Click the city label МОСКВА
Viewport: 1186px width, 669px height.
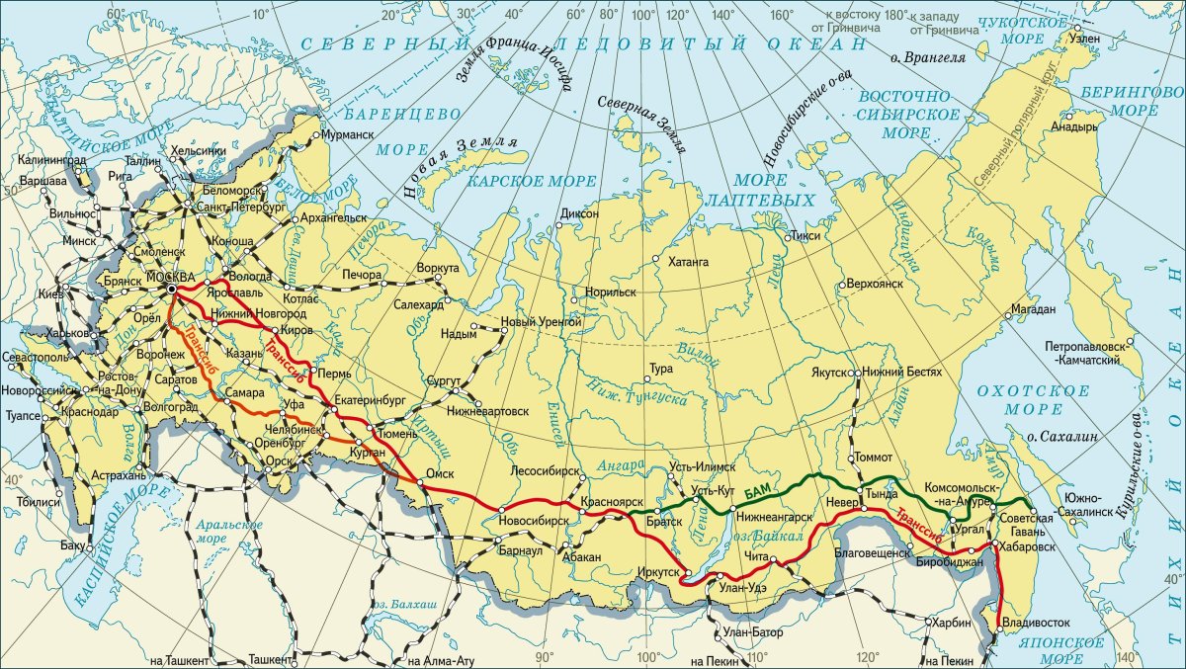point(170,278)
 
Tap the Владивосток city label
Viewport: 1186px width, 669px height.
point(1036,625)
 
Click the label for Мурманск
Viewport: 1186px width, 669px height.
point(348,133)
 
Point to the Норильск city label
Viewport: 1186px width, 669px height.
point(610,293)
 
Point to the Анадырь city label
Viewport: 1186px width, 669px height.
point(1075,126)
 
